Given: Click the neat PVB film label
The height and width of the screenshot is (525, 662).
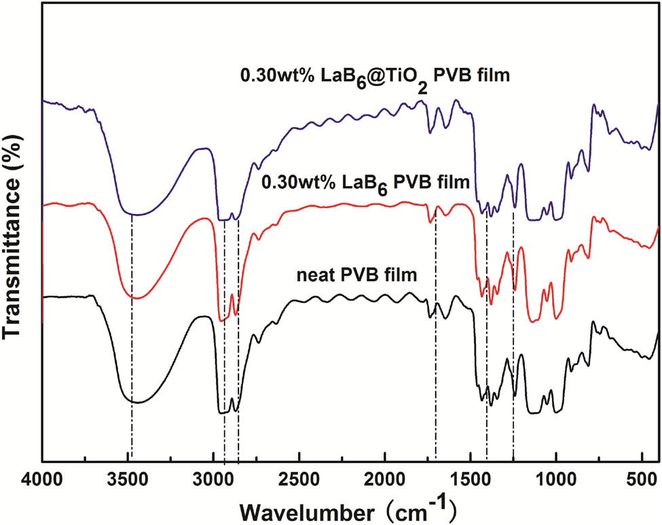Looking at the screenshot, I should [356, 276].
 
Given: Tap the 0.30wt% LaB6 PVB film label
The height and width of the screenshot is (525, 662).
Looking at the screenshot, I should [365, 183].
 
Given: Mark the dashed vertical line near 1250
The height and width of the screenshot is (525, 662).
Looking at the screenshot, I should [513, 340].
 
